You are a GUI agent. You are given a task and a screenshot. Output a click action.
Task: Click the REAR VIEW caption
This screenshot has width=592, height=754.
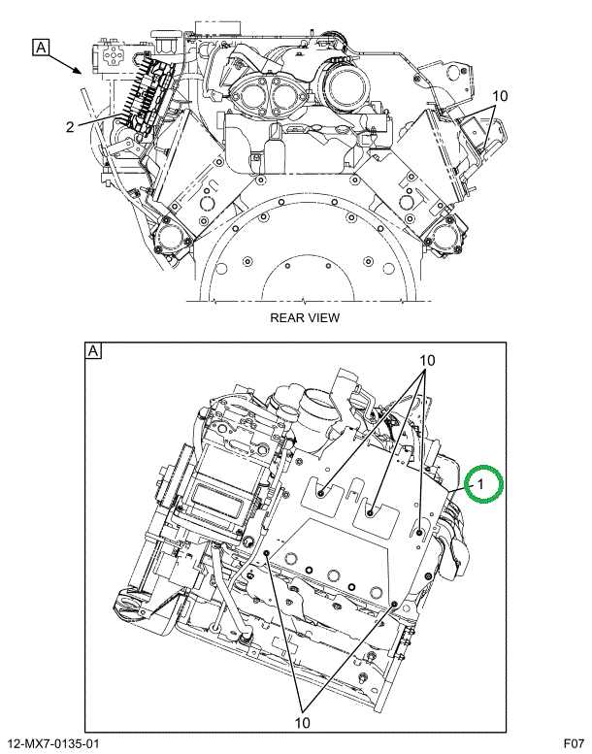pos(305,317)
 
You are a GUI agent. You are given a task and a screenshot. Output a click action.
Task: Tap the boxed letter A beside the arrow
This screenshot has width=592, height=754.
pos(41,48)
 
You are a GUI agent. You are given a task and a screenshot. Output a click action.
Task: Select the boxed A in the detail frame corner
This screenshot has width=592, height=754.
pos(93,350)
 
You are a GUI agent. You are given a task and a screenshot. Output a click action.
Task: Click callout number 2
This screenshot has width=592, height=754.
pos(70,127)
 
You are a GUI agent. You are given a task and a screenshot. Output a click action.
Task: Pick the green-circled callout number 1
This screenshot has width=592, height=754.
pos(481,485)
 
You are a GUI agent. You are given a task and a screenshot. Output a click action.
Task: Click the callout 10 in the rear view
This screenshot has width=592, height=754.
pos(500,96)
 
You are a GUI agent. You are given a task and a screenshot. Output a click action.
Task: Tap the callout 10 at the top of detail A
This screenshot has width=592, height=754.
pos(427,360)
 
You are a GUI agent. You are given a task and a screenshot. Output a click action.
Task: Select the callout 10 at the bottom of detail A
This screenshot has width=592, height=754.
pos(303,722)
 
